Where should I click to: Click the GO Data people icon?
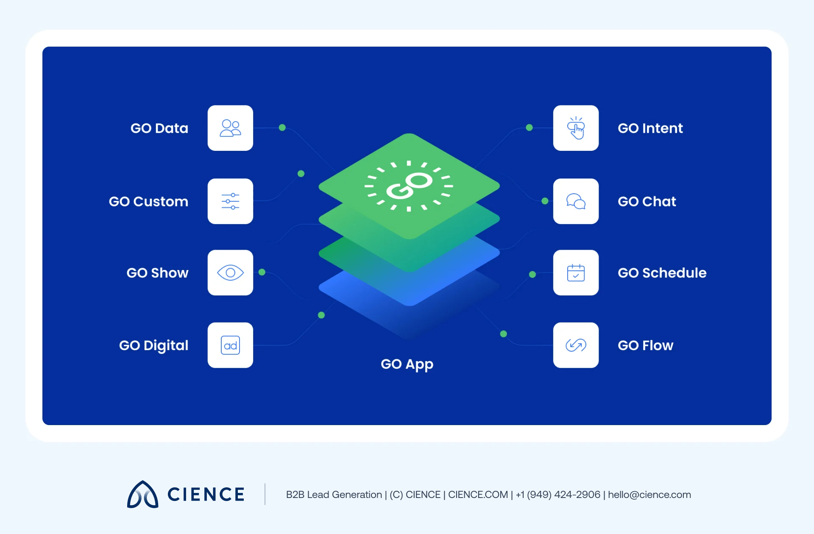pos(230,128)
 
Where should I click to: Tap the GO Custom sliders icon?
pos(230,201)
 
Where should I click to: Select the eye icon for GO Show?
pos(230,273)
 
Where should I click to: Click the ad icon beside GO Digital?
pos(230,345)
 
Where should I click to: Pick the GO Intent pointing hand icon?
pos(576,128)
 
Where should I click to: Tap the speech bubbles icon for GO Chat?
pos(576,201)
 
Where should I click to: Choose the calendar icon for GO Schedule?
pos(576,273)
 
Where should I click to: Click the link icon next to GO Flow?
pos(576,345)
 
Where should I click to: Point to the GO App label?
pos(407,364)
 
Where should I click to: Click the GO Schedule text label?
pos(662,273)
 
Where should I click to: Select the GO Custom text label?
pos(148,202)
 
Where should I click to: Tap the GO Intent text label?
pos(650,128)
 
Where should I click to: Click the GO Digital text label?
pos(153,346)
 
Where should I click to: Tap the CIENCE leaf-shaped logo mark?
pos(143,494)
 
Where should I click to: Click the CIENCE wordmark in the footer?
pos(206,495)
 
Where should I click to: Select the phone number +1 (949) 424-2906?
pos(558,495)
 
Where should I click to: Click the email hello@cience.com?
pos(650,495)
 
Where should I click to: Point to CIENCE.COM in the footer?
pos(478,495)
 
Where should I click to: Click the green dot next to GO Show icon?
pos(262,272)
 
